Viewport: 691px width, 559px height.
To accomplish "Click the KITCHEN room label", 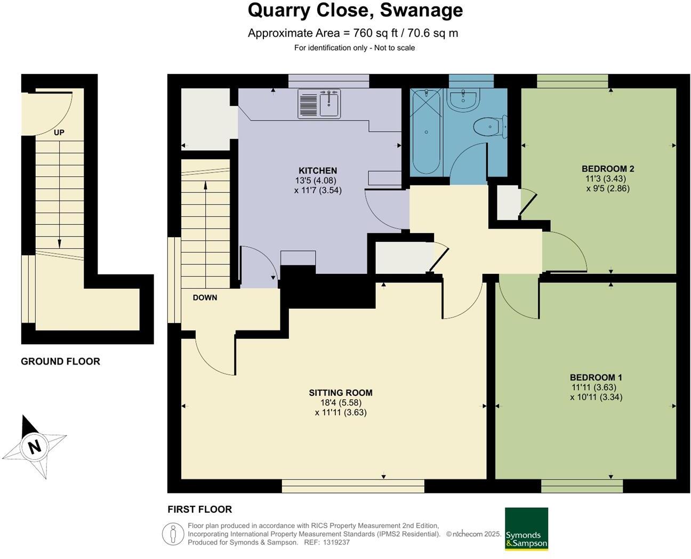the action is tap(318, 171).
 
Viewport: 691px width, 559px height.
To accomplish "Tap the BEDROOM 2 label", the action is tap(608, 168).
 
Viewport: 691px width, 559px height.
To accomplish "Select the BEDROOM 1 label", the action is tap(596, 377).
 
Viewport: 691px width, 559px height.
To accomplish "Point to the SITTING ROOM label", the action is tap(341, 393).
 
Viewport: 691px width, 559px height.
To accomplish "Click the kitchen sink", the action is tap(319, 104).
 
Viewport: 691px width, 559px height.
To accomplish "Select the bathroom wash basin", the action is tap(463, 100).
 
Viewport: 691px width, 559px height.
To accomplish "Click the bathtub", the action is tap(426, 132).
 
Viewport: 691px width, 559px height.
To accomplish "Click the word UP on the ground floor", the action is tap(59, 132).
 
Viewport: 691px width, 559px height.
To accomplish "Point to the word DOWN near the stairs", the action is tap(205, 298).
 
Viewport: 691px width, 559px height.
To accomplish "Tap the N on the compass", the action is tap(35, 447).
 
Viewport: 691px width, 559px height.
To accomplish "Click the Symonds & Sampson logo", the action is tap(526, 529).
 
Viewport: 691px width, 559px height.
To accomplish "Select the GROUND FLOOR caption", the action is tap(60, 361).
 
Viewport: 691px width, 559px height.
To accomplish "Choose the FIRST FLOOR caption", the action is tap(200, 509).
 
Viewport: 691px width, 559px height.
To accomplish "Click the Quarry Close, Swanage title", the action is tap(355, 10).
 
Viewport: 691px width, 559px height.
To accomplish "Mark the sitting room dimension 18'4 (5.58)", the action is tap(341, 403).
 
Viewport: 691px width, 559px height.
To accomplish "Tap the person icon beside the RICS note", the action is tap(173, 534).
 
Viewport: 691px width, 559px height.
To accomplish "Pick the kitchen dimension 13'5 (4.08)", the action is tap(316, 180).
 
